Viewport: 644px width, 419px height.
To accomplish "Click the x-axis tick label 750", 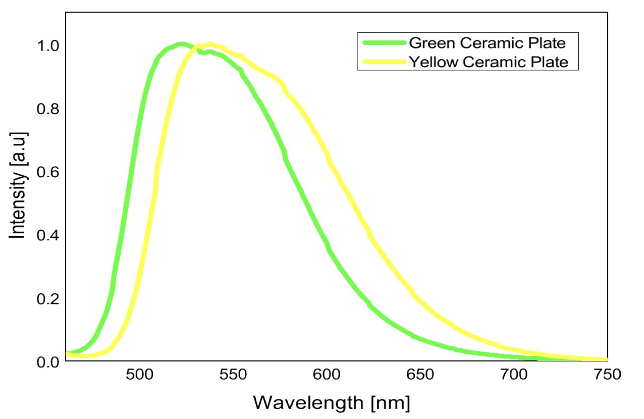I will pyautogui.click(x=607, y=376).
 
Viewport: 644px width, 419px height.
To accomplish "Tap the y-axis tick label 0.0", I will pyautogui.click(x=48, y=362).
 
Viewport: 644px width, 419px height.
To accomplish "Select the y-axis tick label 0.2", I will pyautogui.click(x=48, y=299).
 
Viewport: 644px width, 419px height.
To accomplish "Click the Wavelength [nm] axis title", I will pyautogui.click(x=331, y=402).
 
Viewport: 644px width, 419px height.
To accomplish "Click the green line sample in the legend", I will pyautogui.click(x=382, y=42).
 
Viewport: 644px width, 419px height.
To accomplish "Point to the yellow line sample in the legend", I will pyautogui.click(x=382, y=62).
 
